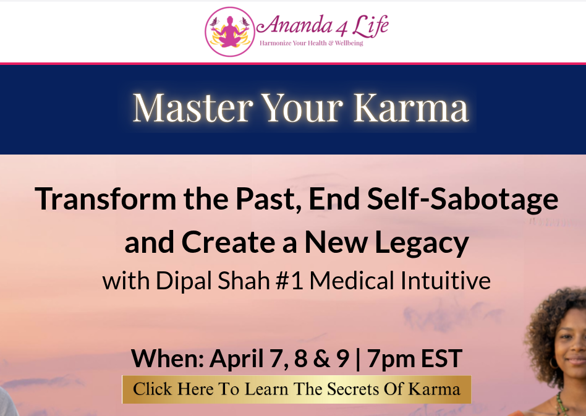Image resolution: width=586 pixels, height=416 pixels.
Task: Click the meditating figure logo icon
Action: (230, 32)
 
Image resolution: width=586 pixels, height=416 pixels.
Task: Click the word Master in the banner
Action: (192, 108)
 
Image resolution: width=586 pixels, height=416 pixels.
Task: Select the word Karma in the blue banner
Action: (410, 108)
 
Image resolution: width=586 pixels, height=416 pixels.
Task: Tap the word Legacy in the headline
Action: (417, 243)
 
